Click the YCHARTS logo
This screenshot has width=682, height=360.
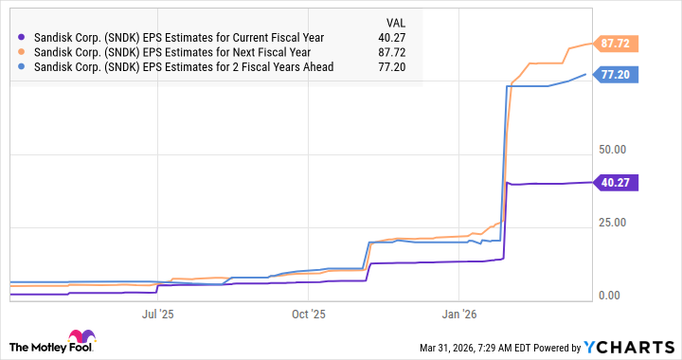633,346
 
